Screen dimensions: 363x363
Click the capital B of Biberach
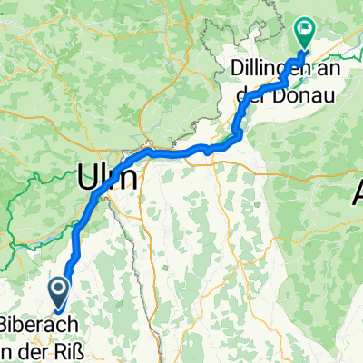[7, 325]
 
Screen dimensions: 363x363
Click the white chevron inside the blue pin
[58, 289]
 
